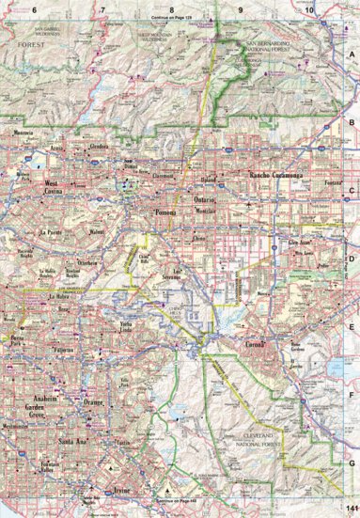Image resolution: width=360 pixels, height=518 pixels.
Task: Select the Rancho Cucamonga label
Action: click(273, 176)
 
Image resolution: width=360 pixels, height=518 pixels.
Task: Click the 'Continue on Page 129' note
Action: click(170, 18)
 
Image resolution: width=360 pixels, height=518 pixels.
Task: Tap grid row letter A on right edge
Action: click(352, 55)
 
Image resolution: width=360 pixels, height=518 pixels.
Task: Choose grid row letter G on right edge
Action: click(352, 463)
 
